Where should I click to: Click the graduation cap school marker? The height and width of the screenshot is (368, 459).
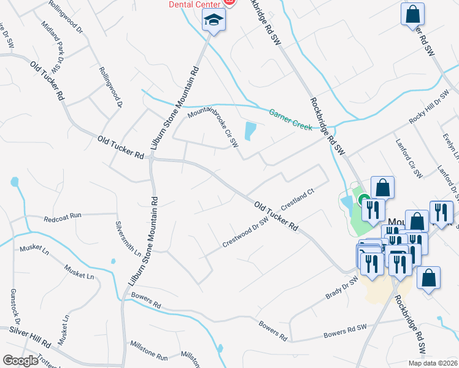(x=214, y=21)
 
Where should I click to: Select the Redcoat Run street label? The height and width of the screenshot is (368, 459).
(x=63, y=218)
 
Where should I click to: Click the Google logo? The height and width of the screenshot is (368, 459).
(x=20, y=361)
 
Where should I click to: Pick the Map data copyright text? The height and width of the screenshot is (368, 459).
(x=432, y=363)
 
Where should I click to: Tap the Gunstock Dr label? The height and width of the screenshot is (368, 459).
(x=15, y=307)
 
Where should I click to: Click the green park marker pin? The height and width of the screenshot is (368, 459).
(x=363, y=200)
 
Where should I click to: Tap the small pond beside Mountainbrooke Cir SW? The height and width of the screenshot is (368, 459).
(x=250, y=131)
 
